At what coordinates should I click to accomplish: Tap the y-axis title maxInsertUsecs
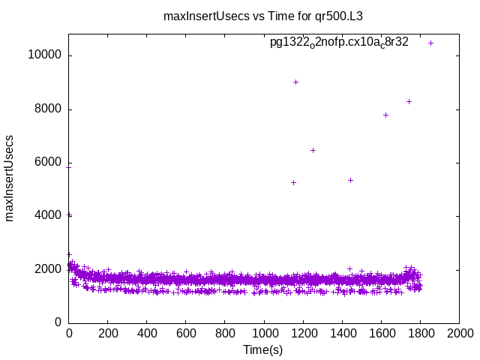click(10, 178)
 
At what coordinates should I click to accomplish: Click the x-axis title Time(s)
click(262, 349)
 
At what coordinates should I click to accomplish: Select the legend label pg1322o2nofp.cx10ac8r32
click(339, 42)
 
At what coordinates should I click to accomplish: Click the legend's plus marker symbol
click(430, 43)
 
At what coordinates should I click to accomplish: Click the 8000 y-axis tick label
click(49, 109)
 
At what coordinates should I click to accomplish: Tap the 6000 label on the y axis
click(49, 163)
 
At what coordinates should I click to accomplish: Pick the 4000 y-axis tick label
click(49, 216)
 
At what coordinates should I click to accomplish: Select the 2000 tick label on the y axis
click(49, 269)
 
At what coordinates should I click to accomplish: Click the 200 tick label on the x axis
click(108, 333)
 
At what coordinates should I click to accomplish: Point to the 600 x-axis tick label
click(186, 333)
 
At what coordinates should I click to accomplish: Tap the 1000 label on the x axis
click(264, 333)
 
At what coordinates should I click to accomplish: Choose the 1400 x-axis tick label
click(342, 333)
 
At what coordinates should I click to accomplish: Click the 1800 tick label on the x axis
click(420, 333)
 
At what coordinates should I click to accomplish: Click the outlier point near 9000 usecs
click(295, 82)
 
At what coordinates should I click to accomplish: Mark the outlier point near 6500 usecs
click(313, 150)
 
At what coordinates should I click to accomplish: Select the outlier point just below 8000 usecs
click(385, 115)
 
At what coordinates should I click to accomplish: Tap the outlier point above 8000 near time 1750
click(409, 101)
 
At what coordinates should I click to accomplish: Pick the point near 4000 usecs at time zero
click(70, 214)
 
